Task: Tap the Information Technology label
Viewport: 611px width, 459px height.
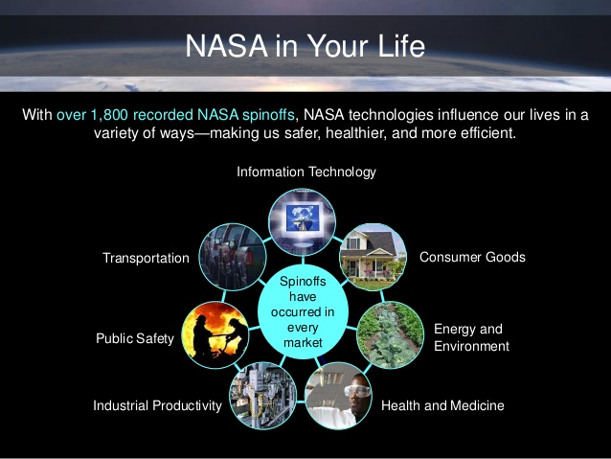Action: tap(306, 172)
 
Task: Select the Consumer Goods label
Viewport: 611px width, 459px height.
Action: tap(472, 257)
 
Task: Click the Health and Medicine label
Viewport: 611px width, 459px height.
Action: tap(442, 406)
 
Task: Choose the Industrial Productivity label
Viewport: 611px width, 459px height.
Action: tap(157, 406)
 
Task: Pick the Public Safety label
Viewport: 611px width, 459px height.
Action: tap(135, 337)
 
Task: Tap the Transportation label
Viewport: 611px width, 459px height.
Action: tap(146, 259)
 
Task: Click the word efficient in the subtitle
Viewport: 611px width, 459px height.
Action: tap(486, 132)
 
